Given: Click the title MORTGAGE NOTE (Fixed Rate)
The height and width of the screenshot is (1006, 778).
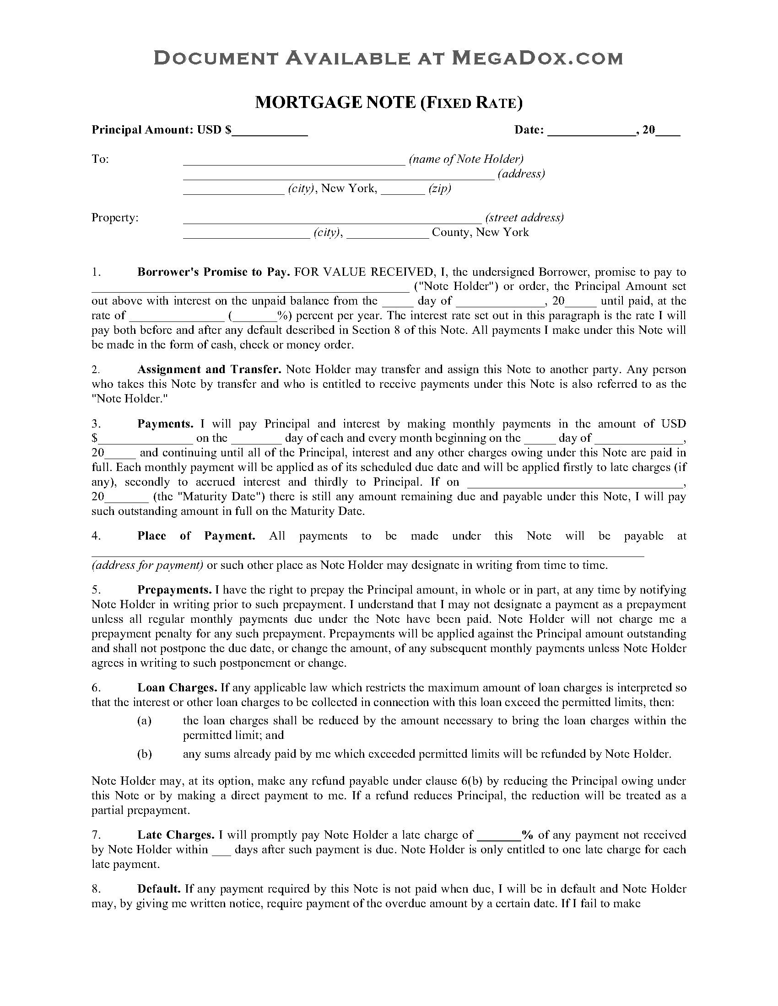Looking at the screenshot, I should click(x=389, y=102).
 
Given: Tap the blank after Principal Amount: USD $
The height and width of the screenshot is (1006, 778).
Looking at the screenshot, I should click(x=270, y=131).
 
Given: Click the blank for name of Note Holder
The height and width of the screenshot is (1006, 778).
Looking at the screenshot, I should click(x=294, y=160).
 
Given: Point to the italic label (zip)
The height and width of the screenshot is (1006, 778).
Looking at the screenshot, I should click(x=439, y=188).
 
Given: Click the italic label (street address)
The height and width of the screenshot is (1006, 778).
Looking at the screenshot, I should click(x=524, y=217).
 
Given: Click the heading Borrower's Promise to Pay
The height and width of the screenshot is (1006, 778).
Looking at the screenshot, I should click(x=213, y=272).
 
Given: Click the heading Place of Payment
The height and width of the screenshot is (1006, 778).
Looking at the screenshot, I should click(x=196, y=536).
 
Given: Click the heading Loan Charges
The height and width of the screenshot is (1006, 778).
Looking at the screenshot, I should click(x=177, y=688).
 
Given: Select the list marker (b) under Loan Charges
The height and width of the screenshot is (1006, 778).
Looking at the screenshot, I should click(x=145, y=754).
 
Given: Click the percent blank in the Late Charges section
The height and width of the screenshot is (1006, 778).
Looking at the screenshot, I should click(x=499, y=835).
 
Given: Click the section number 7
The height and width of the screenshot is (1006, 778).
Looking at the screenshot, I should click(x=96, y=835).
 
